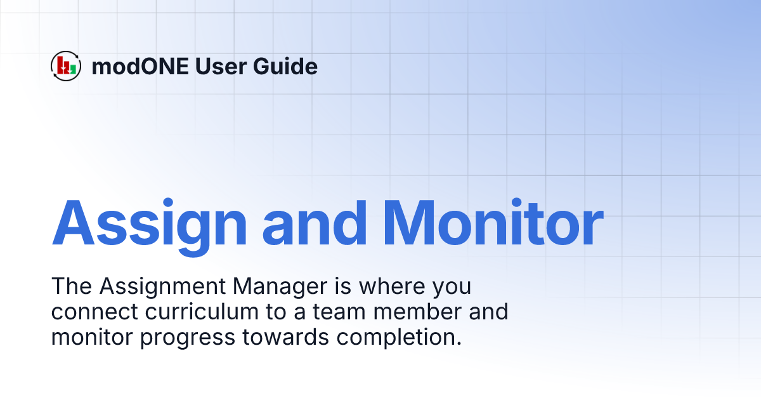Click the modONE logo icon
(x=66, y=66)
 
